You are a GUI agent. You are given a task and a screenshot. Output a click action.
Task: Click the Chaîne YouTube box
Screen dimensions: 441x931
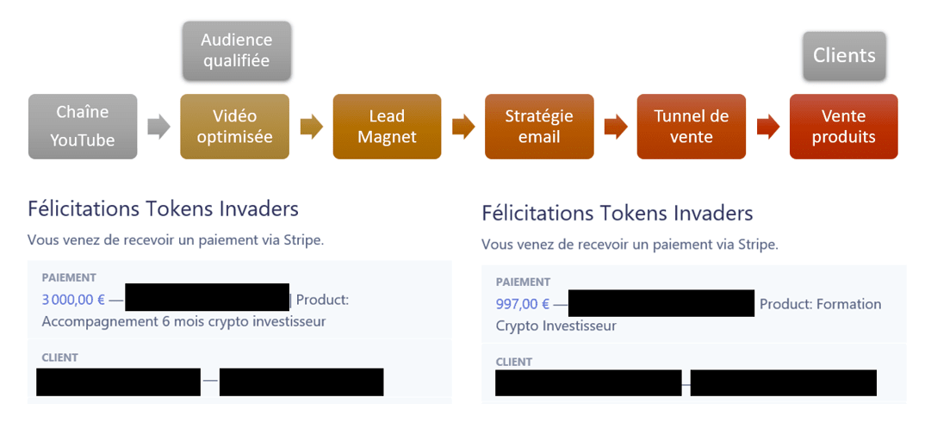(83, 126)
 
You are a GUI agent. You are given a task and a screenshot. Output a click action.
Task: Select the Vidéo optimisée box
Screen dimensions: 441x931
(234, 126)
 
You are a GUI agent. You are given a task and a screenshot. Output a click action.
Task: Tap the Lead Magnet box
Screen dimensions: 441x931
(387, 126)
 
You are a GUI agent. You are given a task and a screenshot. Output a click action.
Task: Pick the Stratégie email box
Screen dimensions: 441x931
(539, 126)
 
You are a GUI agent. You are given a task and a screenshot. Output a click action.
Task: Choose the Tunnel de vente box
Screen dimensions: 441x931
(691, 126)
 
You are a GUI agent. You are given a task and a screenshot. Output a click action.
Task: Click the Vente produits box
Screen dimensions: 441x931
(843, 126)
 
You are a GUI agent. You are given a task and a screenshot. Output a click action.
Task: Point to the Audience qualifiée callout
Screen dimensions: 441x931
(236, 50)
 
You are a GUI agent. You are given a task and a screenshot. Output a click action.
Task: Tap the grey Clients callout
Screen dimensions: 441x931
(843, 56)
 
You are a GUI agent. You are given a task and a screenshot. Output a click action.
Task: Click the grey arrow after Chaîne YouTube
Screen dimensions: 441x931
(159, 127)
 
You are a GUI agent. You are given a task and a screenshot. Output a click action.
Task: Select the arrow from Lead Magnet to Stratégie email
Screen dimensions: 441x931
(462, 127)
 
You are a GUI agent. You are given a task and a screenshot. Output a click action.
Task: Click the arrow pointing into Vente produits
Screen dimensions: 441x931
(767, 127)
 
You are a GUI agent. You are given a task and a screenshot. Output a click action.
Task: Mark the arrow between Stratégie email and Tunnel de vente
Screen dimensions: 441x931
(615, 127)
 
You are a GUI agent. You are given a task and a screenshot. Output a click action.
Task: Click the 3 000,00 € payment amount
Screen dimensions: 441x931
(73, 301)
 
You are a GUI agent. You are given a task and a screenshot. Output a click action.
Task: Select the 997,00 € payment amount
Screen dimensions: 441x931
(522, 304)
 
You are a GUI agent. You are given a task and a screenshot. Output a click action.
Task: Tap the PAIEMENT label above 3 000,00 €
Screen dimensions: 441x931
(68, 278)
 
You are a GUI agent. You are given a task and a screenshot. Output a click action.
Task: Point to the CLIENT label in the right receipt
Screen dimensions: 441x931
(514, 362)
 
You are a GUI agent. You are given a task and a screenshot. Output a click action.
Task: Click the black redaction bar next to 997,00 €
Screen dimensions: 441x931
(661, 303)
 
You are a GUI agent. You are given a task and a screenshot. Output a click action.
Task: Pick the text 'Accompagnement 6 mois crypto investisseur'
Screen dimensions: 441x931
(183, 322)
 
